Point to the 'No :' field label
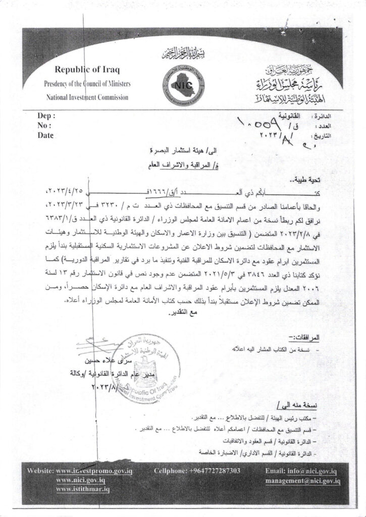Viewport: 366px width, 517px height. tap(45, 125)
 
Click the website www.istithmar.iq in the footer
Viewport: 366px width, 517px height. tap(85, 490)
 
